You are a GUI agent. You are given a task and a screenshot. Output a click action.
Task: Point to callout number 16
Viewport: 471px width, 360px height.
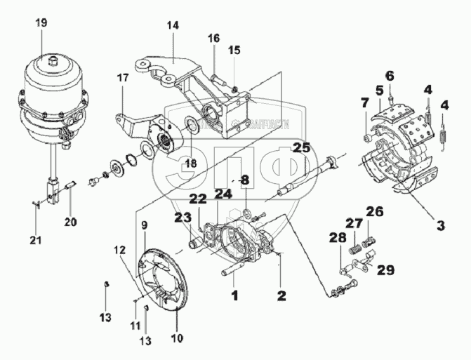(x=213, y=37)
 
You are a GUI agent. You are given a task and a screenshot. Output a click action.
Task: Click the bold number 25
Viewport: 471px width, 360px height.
(x=301, y=149)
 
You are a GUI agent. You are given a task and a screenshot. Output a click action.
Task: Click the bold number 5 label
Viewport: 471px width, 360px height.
(x=378, y=90)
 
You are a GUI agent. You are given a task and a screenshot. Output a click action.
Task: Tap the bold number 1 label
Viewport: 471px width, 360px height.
(x=234, y=296)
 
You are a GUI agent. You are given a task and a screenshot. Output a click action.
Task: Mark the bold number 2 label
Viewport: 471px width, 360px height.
(x=281, y=296)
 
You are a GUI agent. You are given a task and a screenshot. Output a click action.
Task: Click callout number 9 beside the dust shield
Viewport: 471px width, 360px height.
(x=143, y=225)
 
